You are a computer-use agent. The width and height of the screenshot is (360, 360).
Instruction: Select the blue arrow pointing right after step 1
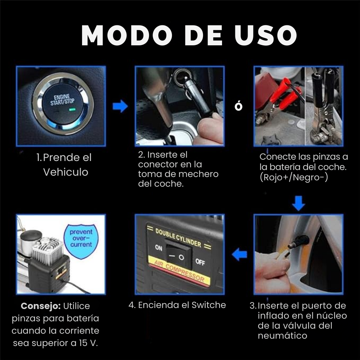click(120, 107)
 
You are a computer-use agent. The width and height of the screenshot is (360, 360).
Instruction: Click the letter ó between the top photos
click(239, 106)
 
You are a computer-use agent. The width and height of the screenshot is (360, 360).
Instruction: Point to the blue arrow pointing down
click(299, 203)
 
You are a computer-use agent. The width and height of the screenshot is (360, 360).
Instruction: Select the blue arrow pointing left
click(240, 255)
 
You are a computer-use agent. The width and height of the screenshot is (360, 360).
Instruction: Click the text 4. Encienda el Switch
click(177, 305)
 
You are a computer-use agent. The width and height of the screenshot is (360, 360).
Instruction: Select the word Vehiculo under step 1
click(66, 172)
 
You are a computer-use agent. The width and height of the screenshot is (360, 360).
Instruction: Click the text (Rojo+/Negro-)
click(294, 177)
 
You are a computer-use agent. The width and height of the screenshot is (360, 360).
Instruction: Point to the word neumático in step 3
click(282, 335)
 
